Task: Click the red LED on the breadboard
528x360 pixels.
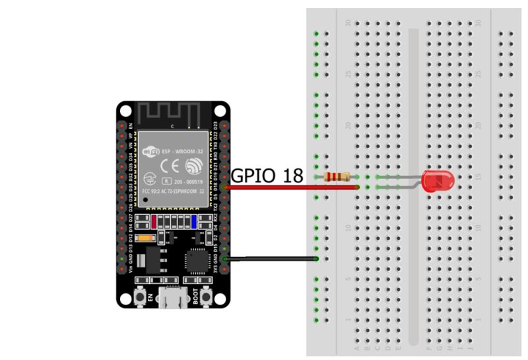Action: coord(436,181)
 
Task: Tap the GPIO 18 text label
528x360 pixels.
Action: coord(267,175)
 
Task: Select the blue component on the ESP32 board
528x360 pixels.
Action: coord(194,221)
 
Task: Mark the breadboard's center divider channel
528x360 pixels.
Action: coord(413,185)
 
